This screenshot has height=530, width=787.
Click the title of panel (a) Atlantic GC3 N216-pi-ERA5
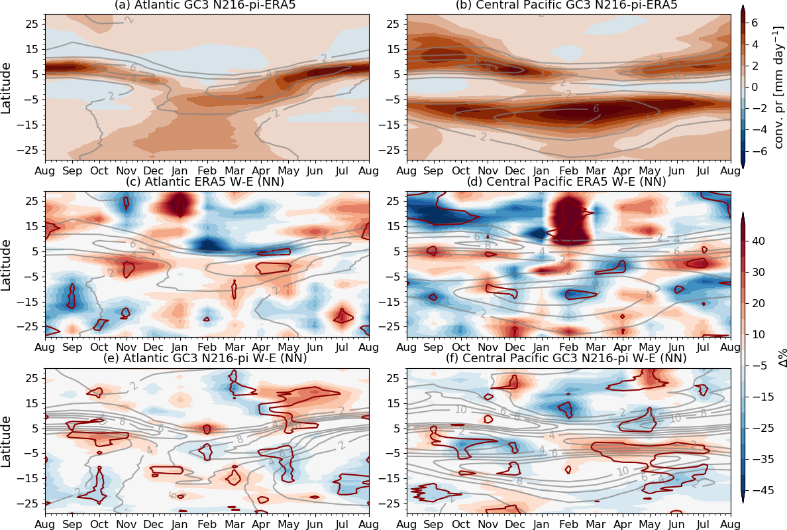click(x=207, y=6)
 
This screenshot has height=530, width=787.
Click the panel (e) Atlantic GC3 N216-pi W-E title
click(x=207, y=359)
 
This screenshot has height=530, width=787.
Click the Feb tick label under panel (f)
click(x=568, y=523)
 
